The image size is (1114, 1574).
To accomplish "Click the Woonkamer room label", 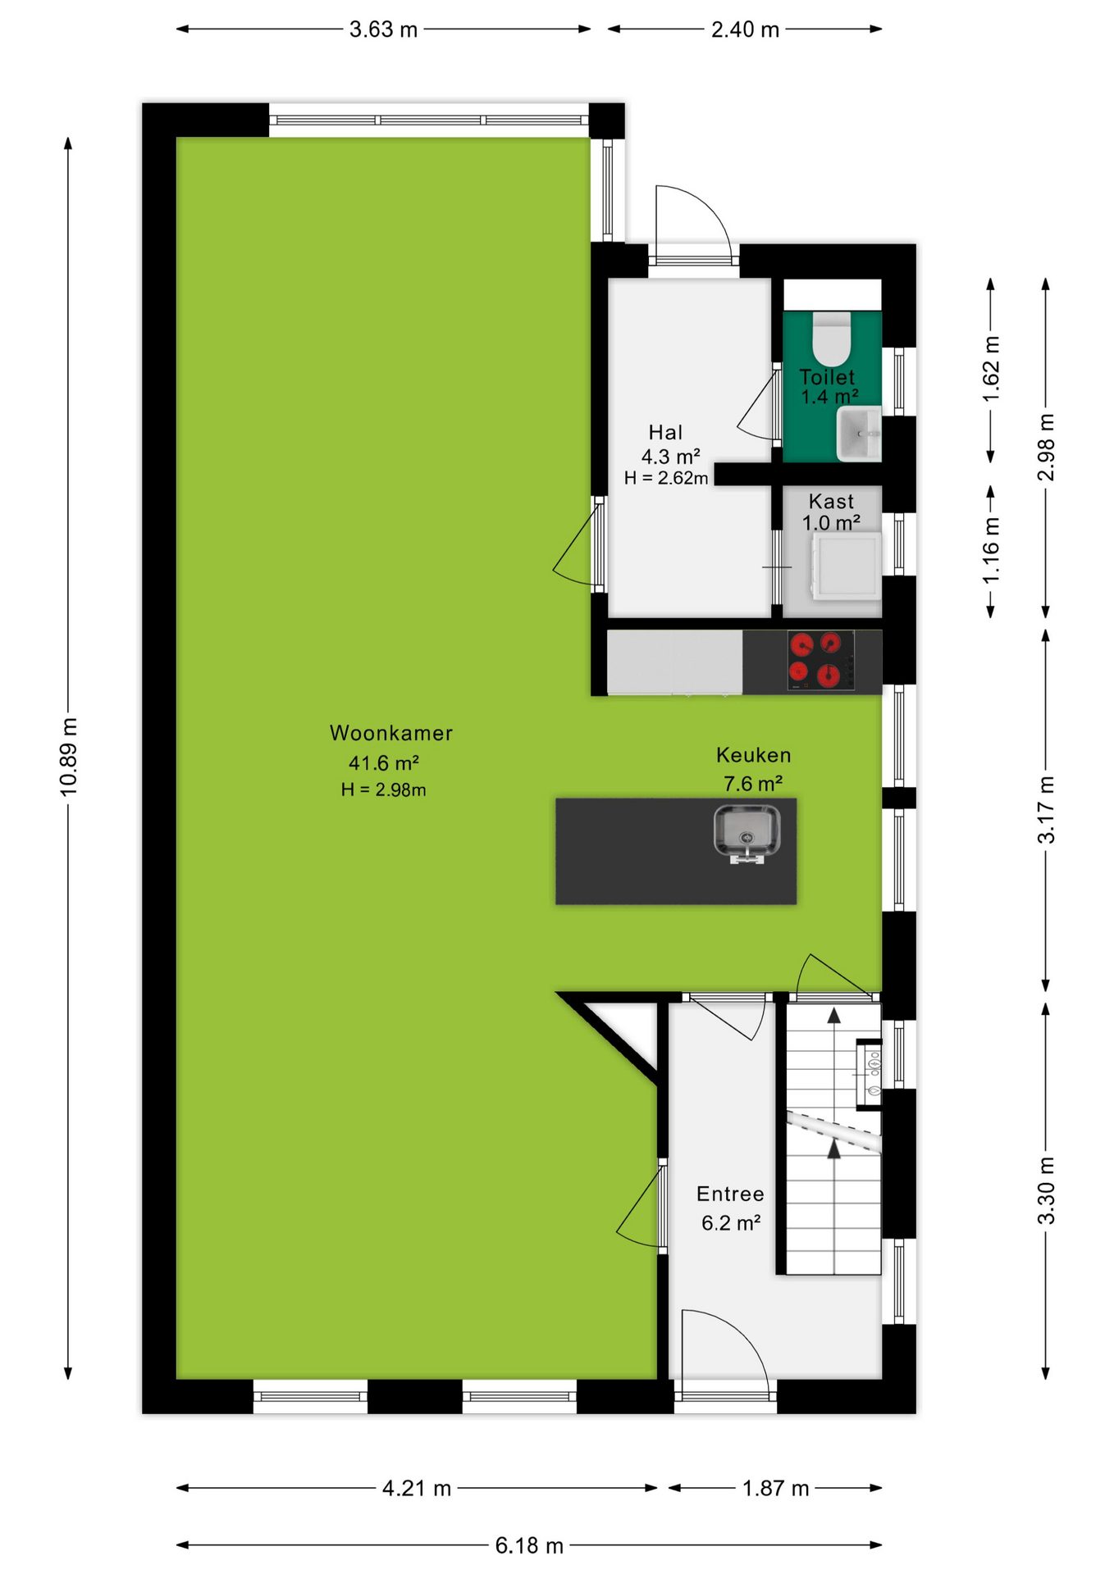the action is click(390, 733).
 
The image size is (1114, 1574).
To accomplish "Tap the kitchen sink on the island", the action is click(746, 834).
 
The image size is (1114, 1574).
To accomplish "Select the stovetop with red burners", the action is click(820, 660).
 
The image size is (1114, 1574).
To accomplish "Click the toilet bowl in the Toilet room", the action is click(832, 338).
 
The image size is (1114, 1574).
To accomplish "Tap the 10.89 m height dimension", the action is click(69, 757).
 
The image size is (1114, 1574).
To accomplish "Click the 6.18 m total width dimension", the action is click(529, 1545).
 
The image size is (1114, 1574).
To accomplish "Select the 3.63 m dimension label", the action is click(384, 30).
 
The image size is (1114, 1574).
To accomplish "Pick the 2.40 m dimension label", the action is click(745, 30).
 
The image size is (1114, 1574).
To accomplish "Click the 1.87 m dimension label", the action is click(775, 1488).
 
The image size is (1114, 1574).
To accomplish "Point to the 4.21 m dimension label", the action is click(417, 1488).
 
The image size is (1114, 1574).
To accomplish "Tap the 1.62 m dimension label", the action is click(991, 370).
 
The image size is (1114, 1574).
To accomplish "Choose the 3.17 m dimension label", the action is click(1046, 809).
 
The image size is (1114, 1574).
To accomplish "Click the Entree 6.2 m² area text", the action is click(731, 1223).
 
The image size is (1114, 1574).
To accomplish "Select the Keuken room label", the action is click(753, 755).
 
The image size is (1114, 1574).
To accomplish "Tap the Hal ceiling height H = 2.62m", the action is click(665, 478).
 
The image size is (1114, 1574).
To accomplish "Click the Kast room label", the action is click(831, 501).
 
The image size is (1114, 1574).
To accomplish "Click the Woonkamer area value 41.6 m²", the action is click(384, 763).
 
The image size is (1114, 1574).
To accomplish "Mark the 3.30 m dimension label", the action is click(1046, 1190).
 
